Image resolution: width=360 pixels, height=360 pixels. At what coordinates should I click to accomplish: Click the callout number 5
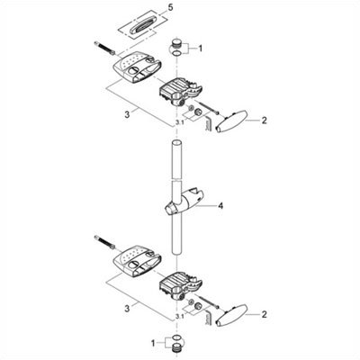[170, 8]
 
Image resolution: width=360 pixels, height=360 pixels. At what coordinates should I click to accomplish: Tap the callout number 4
[220, 206]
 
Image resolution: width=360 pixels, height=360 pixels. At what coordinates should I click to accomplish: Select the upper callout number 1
[201, 49]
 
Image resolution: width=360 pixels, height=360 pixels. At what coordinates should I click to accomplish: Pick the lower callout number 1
[153, 343]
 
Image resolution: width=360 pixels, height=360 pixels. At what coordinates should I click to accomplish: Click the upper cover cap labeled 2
[231, 121]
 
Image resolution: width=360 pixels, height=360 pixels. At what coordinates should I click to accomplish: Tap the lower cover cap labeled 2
[231, 315]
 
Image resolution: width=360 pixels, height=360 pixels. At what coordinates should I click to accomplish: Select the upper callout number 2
[264, 121]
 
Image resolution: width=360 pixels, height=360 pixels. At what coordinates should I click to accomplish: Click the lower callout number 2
[264, 314]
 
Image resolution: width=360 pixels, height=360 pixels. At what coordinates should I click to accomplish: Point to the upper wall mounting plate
[137, 67]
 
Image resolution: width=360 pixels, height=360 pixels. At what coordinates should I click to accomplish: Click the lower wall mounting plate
[137, 261]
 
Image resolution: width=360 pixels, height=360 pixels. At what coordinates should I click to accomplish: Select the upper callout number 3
[127, 114]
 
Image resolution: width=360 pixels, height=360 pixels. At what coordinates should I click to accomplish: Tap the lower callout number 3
[127, 309]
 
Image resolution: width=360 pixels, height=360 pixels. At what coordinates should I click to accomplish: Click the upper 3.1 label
[179, 122]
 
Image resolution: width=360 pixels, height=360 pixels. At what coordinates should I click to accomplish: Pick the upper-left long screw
[104, 48]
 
